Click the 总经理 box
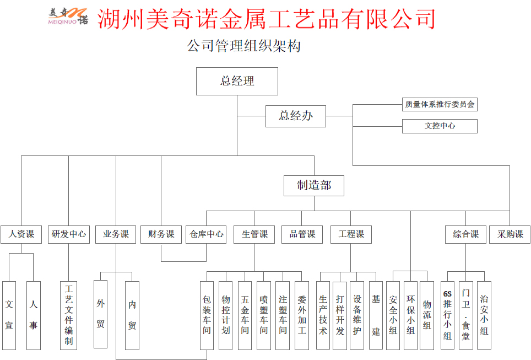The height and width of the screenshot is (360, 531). click(237, 81)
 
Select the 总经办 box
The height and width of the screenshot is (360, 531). click(296, 116)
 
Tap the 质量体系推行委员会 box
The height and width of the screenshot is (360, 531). click(440, 104)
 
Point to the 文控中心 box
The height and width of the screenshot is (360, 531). click(440, 126)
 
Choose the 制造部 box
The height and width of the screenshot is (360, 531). click(314, 186)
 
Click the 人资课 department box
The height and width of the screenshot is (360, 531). click(21, 234)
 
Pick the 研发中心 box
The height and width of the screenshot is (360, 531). click(68, 234)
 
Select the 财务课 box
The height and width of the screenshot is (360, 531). click(161, 234)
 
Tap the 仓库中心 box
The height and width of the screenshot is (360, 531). click(207, 234)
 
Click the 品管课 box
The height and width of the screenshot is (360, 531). click(302, 234)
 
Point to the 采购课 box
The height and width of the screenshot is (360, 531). click(510, 234)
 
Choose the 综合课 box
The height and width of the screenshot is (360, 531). click(466, 234)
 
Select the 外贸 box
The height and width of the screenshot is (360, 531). click(100, 314)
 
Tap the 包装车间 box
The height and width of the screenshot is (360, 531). click(207, 315)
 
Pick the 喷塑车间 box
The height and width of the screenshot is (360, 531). click(264, 315)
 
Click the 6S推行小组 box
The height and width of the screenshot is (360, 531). click(447, 315)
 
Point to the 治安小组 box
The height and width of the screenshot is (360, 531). click(484, 315)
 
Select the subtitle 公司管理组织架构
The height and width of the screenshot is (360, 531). click(244, 46)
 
